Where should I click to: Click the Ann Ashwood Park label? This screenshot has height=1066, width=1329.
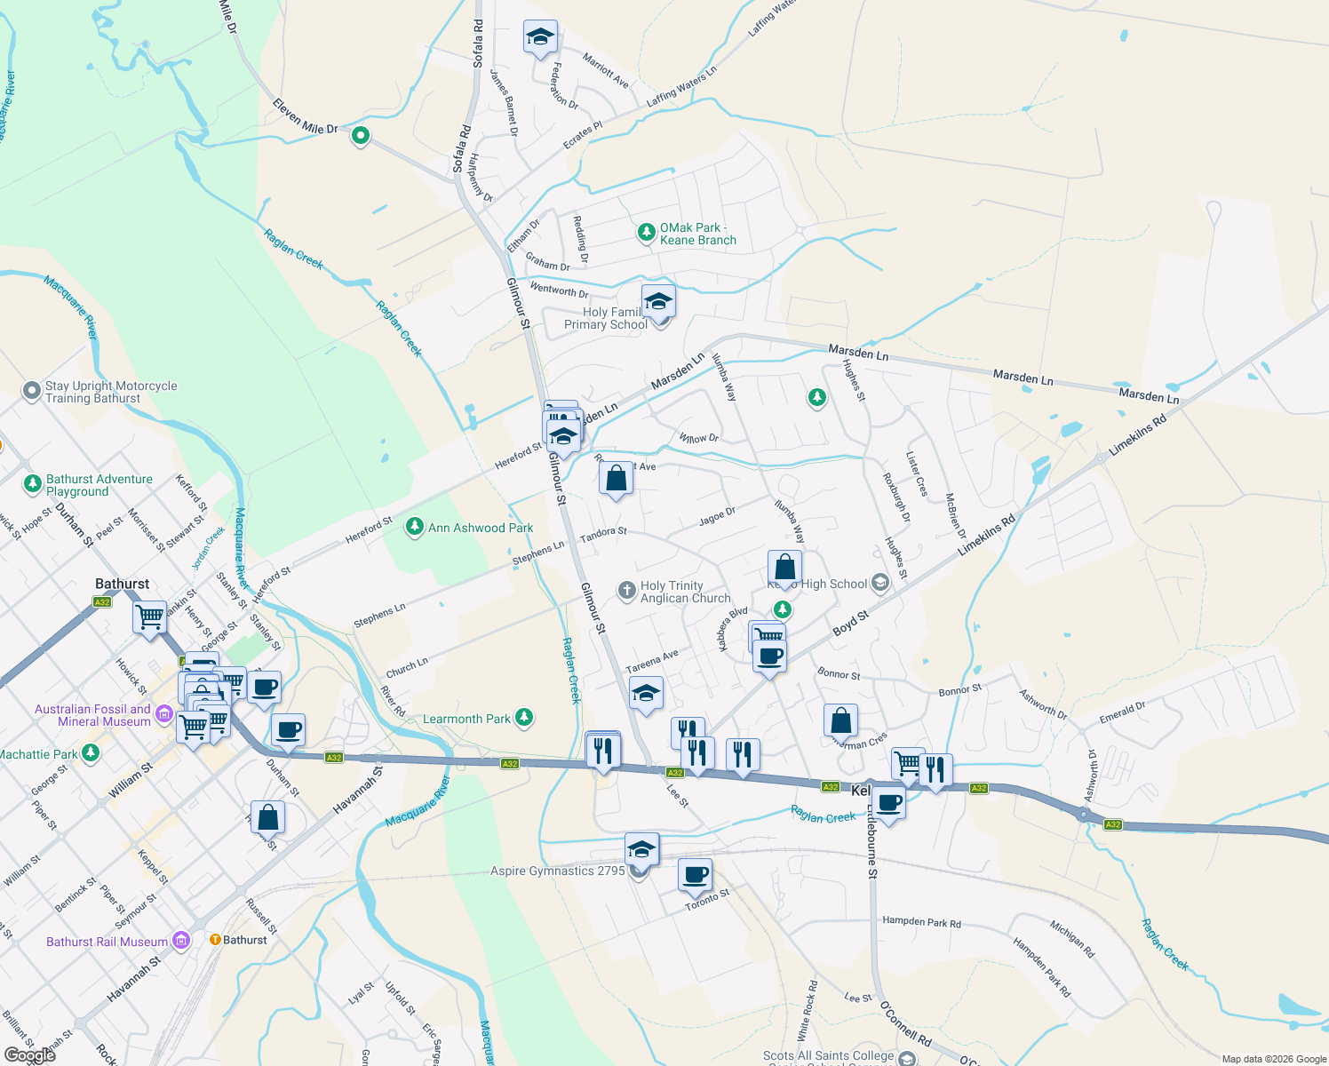[x=480, y=528]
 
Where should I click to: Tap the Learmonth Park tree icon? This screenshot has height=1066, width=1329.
[x=524, y=717]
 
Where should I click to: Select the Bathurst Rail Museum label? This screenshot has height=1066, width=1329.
[x=107, y=942]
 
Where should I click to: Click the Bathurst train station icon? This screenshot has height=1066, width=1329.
[x=214, y=939]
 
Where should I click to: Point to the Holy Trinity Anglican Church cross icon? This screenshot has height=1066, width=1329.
[x=626, y=590]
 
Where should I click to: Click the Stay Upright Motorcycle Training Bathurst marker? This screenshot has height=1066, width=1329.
[x=32, y=391]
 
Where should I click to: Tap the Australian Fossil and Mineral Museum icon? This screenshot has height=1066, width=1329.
[x=163, y=713]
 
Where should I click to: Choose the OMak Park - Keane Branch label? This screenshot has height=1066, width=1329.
[x=697, y=234]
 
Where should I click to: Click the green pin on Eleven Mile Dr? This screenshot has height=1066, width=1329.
[x=360, y=136]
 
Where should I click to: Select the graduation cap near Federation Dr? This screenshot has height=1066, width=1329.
[x=540, y=37]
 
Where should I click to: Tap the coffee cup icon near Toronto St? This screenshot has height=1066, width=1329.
[x=696, y=874]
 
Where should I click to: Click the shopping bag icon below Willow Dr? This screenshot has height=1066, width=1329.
[x=616, y=478]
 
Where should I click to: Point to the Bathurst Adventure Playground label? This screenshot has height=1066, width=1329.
[x=99, y=485]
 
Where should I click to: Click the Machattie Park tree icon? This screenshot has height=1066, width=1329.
[x=90, y=753]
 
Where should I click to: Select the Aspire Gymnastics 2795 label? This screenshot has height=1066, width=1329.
[x=557, y=871]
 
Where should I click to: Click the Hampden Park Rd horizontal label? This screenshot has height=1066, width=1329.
[x=921, y=922]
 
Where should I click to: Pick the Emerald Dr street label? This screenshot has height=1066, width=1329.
[x=1122, y=712]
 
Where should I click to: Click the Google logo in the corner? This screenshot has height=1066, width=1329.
[x=29, y=1054]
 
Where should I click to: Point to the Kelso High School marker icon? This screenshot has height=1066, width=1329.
[x=879, y=583]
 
